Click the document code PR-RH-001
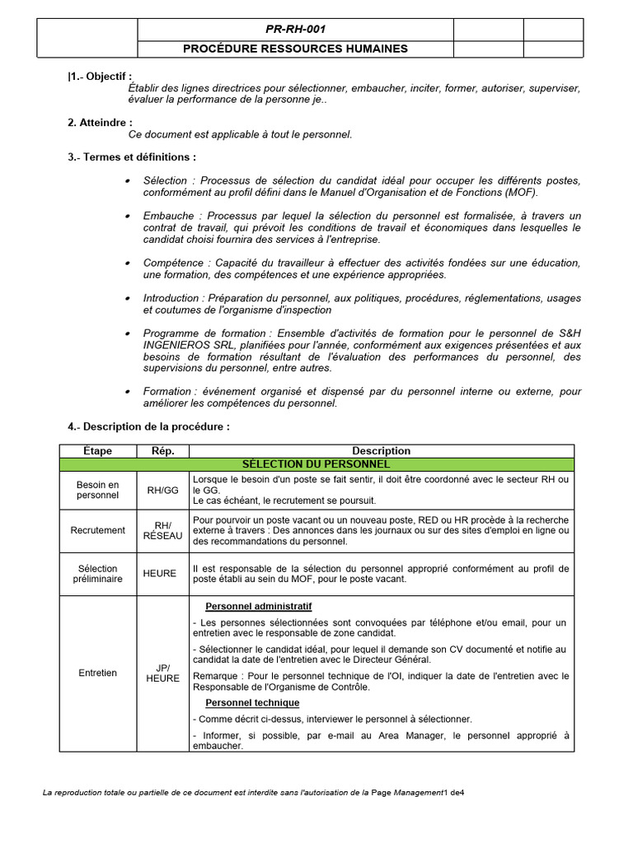[x=295, y=29]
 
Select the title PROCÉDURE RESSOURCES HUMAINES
[x=295, y=49]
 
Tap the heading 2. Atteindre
[x=100, y=123]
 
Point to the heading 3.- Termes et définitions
[x=132, y=156]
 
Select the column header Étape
[x=97, y=450]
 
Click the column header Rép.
[x=162, y=450]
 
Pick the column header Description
[x=381, y=450]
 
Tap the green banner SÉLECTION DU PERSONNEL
[x=381, y=463]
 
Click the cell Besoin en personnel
[x=97, y=490]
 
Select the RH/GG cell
[x=162, y=490]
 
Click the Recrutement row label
[x=97, y=531]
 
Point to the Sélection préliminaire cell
[x=97, y=574]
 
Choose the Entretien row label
[x=97, y=673]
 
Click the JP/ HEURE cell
[x=162, y=673]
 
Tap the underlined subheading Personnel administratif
[x=258, y=607]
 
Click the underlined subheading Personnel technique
[x=252, y=702]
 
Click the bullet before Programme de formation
[x=126, y=333]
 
